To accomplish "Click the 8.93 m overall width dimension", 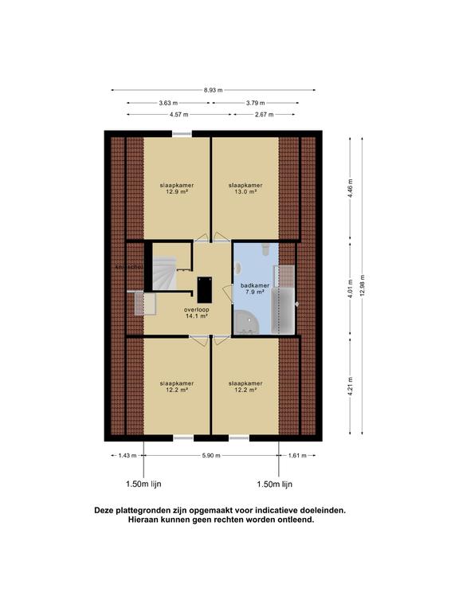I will coord(213,90).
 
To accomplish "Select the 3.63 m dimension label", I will coord(168,103).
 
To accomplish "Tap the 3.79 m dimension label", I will coord(256,103).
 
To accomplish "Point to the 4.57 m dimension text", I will coord(179,115).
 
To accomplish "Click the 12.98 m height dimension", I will coord(363,288).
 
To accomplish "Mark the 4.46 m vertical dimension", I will coord(350,188).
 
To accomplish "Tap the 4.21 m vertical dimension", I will coord(350,389).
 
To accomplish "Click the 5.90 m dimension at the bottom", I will coord(210,456).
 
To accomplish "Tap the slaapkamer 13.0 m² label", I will coord(245,188).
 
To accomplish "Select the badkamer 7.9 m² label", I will coord(246,288).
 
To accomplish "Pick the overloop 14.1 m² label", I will coord(196,312).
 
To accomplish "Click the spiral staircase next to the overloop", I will coord(165,272).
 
